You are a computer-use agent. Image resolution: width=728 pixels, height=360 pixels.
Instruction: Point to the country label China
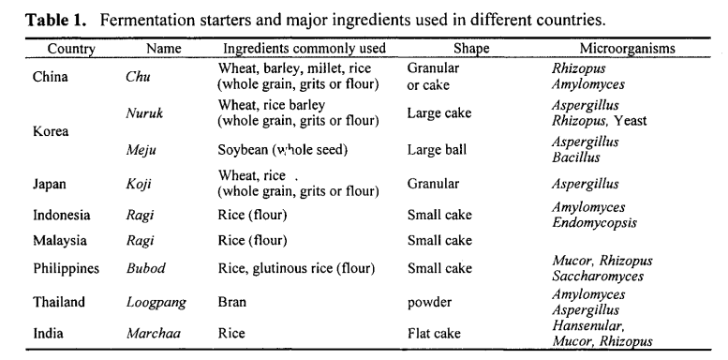[52, 77]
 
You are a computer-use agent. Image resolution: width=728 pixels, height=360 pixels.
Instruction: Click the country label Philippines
[67, 268]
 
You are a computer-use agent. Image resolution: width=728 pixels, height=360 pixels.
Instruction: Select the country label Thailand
[59, 302]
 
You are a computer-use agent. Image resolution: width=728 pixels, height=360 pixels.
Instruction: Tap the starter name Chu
[138, 77]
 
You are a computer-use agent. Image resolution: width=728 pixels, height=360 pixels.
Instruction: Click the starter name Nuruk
[144, 113]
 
